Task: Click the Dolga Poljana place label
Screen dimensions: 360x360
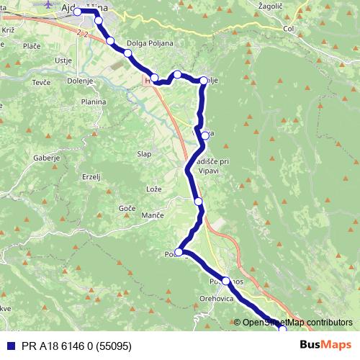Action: pyautogui.click(x=150, y=43)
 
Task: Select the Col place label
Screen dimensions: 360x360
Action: pyautogui.click(x=290, y=29)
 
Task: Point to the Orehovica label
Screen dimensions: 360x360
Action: pyautogui.click(x=217, y=297)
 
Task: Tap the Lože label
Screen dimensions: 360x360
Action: pyautogui.click(x=154, y=189)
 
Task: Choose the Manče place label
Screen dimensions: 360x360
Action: pyautogui.click(x=152, y=215)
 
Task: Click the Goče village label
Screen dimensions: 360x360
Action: pyautogui.click(x=127, y=207)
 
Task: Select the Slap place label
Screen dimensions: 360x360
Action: pyautogui.click(x=144, y=153)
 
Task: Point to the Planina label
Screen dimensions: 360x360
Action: pyautogui.click(x=94, y=102)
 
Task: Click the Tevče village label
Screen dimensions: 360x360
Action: pyautogui.click(x=41, y=83)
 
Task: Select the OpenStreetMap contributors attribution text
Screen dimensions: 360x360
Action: pyautogui.click(x=297, y=322)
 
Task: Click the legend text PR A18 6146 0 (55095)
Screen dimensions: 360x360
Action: pyautogui.click(x=76, y=345)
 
